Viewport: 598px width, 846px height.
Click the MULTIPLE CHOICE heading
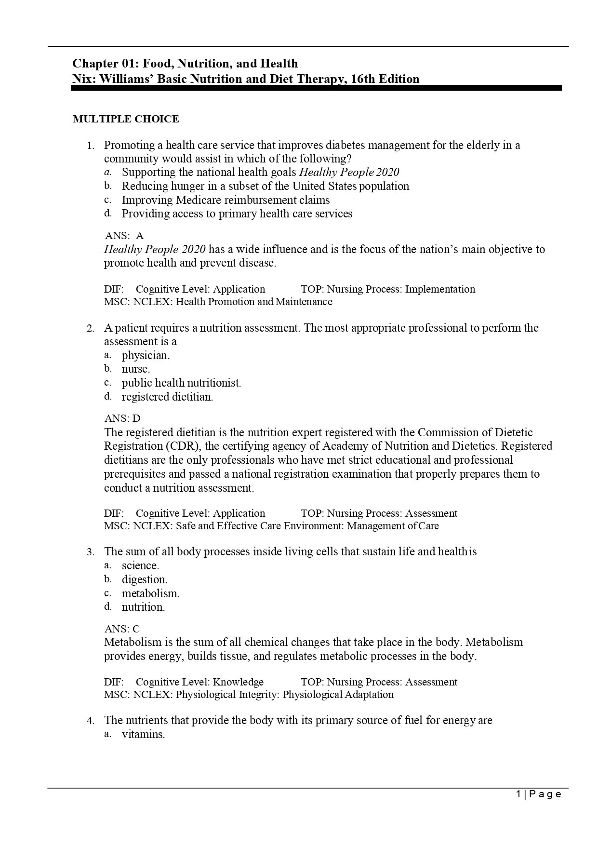coord(125,119)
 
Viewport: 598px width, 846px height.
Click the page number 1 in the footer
coord(518,794)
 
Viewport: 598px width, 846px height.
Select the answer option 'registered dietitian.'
coord(167,397)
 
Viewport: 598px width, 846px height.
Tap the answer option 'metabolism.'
coord(150,593)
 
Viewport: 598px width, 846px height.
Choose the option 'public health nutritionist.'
coord(181,383)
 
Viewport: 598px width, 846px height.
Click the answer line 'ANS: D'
coord(122,418)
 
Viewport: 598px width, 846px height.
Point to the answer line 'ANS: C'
coord(122,629)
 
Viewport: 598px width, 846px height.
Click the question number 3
coord(91,552)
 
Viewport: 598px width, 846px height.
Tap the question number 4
coord(91,721)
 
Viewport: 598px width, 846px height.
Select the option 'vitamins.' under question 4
coord(143,735)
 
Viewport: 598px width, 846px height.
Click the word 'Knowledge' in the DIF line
coord(238,682)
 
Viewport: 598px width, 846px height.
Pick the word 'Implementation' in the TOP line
coord(440,289)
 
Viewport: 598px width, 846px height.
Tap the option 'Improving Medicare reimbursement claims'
coord(226,200)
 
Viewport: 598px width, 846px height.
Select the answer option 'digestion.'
coord(145,579)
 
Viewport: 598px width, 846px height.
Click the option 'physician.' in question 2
coord(146,356)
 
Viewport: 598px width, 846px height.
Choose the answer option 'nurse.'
coord(136,369)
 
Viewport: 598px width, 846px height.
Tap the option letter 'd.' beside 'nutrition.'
coord(108,606)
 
